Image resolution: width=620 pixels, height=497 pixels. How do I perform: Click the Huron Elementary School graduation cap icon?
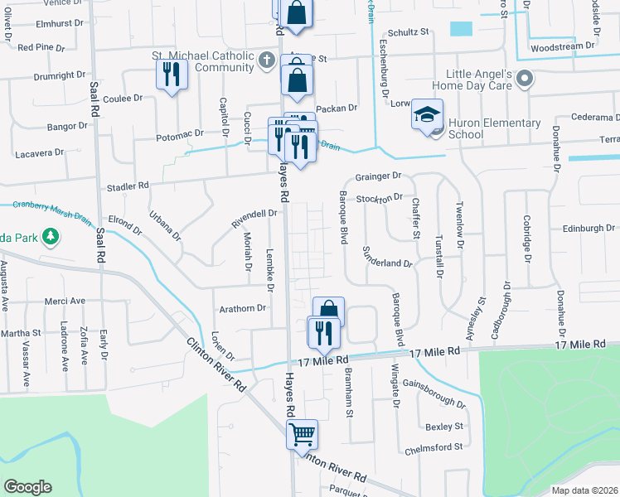428,114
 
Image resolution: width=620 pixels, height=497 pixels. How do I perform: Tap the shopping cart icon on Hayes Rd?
302,433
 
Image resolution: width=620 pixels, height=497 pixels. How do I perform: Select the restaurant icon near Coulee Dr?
172,75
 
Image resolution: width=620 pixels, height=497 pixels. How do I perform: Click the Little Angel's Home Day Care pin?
524,80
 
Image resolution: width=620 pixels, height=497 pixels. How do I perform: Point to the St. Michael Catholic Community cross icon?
265,60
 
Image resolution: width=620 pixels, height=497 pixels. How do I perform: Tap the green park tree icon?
51,237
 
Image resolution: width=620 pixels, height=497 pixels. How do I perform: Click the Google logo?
27,487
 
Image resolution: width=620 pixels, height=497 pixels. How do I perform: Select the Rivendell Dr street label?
254,217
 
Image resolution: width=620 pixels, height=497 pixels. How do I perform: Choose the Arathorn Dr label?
242,308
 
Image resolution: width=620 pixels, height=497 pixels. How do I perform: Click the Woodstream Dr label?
563,47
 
